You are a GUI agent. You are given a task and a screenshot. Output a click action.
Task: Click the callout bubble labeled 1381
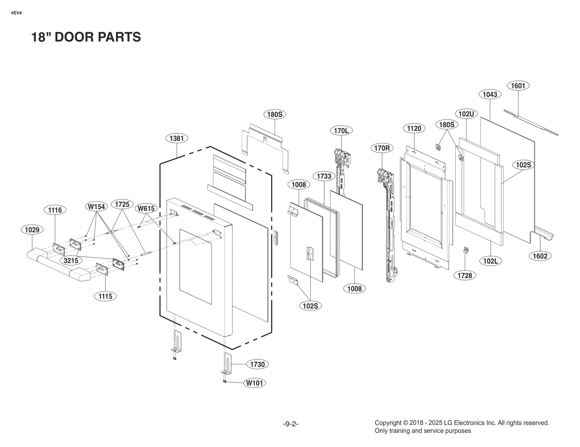click(x=177, y=138)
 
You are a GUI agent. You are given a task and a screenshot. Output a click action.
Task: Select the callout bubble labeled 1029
click(x=32, y=230)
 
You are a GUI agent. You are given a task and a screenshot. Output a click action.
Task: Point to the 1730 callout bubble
click(x=257, y=364)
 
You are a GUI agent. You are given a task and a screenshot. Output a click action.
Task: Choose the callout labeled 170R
click(x=382, y=148)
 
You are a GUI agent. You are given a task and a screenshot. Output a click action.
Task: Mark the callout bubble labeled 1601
click(x=518, y=85)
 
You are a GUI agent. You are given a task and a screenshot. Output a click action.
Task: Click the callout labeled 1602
click(x=540, y=256)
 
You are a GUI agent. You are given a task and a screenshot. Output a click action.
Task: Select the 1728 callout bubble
click(x=464, y=275)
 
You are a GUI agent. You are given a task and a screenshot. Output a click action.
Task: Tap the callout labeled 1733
click(x=324, y=176)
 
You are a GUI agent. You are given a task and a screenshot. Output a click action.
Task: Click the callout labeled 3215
click(x=71, y=260)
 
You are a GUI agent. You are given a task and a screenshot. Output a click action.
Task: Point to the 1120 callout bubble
click(x=414, y=128)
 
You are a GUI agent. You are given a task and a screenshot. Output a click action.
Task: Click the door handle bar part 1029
click(x=58, y=267)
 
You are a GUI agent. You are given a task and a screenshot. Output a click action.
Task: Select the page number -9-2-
click(x=290, y=424)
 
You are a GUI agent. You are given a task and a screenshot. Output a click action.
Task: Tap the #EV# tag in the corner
click(x=16, y=13)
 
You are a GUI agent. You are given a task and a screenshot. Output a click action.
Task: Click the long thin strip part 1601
click(x=531, y=122)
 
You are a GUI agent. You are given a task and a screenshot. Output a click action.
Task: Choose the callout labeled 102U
click(x=466, y=114)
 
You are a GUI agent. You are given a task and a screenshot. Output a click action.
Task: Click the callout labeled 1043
click(x=490, y=94)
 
